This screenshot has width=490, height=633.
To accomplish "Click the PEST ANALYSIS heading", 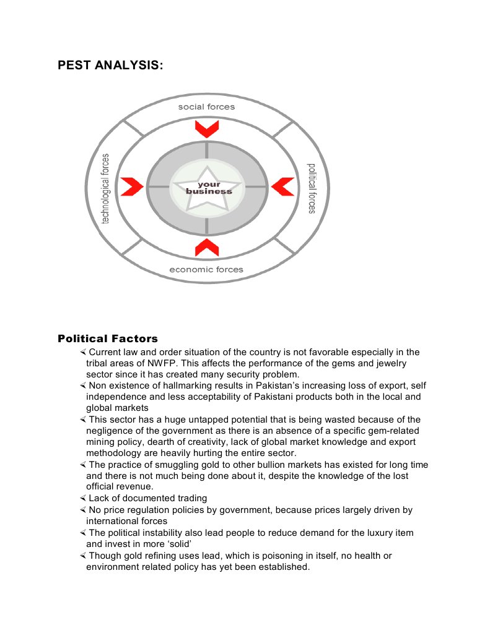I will [x=111, y=65].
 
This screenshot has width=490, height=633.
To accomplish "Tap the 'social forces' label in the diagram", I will [x=206, y=107].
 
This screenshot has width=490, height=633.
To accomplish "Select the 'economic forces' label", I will [x=206, y=269].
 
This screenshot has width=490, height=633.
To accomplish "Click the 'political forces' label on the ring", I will [x=312, y=188].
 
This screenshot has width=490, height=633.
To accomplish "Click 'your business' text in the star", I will [x=209, y=188].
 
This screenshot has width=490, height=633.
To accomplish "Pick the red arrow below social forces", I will [x=206, y=129].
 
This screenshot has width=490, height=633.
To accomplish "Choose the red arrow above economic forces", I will [x=206, y=247].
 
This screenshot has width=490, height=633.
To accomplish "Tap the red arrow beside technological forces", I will [x=131, y=186].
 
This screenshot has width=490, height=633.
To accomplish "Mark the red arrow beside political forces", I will [x=283, y=186].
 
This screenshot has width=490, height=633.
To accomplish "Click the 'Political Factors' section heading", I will [x=108, y=338].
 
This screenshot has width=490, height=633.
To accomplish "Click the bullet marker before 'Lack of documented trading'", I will [x=83, y=498].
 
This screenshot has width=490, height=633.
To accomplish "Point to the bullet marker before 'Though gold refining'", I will [x=83, y=556].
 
